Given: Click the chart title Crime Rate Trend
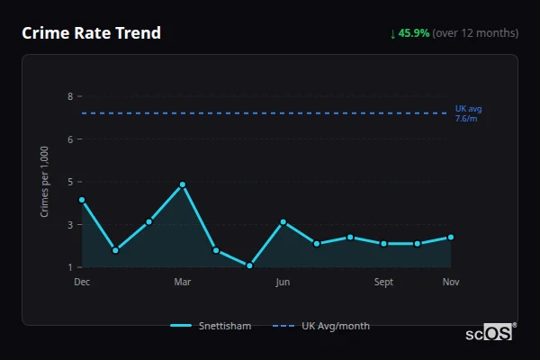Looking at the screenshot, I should tap(91, 33).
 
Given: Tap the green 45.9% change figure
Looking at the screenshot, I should tap(415, 33).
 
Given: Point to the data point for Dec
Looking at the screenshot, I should tap(82, 200).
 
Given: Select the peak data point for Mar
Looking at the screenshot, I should tap(183, 184).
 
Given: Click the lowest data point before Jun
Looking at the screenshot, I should tap(249, 265).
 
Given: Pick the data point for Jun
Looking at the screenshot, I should tap(283, 221).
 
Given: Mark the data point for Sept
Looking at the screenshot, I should tap(383, 243).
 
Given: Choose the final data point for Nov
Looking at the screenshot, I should tap(451, 237).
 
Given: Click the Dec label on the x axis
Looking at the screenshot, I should tap(82, 282).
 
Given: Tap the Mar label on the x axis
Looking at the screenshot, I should tap(183, 282).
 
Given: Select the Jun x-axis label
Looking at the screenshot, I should tap(283, 282).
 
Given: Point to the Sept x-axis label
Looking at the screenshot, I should tap(383, 282).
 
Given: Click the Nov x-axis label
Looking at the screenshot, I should tap(451, 282).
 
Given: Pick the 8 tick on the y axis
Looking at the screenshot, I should tap(69, 96).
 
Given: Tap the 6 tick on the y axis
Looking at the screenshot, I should tap(69, 139).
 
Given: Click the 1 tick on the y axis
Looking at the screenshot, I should tap(69, 267).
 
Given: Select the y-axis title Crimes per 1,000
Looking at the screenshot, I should tap(44, 183).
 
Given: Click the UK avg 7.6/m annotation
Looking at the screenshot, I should tap(468, 113).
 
